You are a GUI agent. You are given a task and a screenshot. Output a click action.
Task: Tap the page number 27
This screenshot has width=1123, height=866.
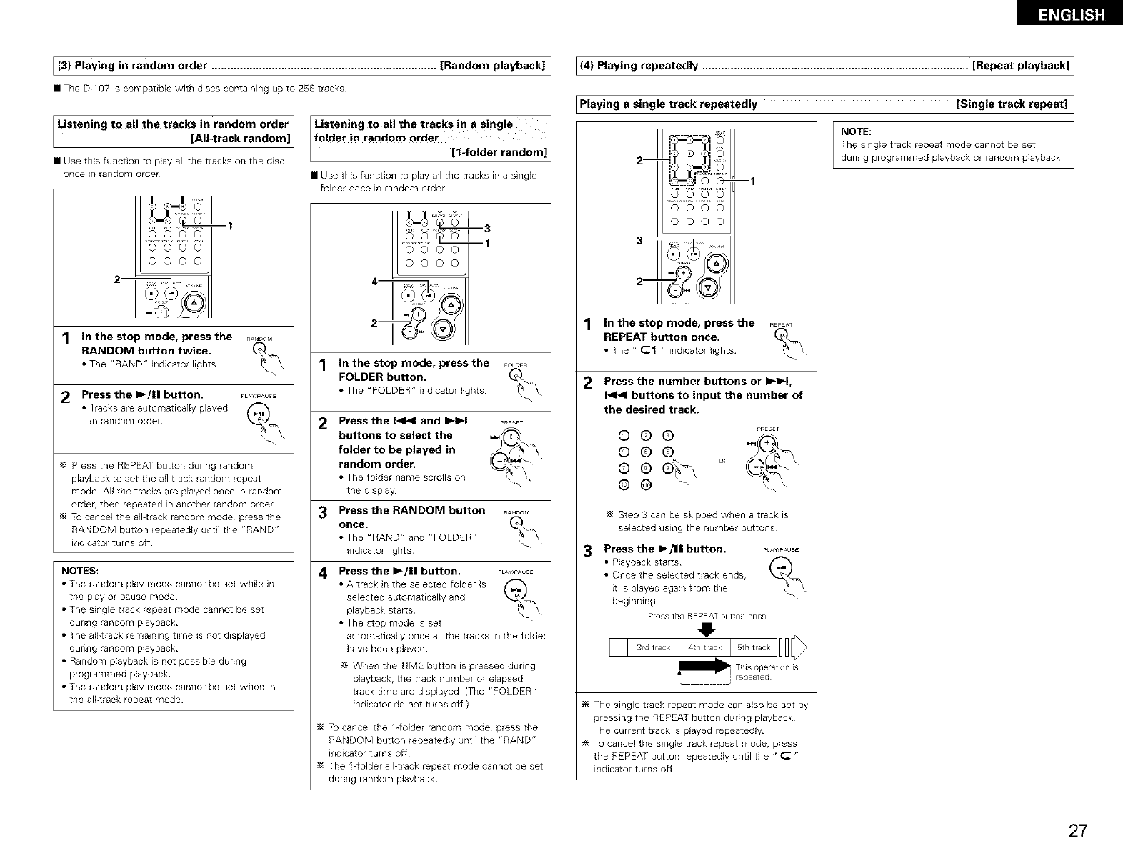[x=1077, y=831]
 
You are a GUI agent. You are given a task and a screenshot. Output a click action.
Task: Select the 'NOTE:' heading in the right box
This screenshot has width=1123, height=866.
[x=856, y=131]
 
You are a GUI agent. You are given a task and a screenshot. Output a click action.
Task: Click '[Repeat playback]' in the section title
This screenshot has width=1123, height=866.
[x=1021, y=66]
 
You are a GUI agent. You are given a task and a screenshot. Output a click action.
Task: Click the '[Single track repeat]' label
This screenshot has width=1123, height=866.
[x=1012, y=104]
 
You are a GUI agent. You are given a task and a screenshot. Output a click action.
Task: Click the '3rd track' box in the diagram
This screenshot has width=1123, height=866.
[x=653, y=648]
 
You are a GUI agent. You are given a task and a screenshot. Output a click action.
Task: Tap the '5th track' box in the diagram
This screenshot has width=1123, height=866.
[x=753, y=648]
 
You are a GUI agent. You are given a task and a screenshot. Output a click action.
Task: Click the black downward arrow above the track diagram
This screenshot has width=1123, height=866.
[x=708, y=629]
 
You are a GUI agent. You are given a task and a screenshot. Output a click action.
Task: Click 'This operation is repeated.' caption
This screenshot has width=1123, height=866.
[x=766, y=672]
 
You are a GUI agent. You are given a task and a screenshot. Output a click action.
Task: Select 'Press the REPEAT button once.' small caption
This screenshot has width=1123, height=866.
[x=707, y=616]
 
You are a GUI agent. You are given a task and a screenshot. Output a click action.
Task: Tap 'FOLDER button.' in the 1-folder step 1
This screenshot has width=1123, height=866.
[x=382, y=377]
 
